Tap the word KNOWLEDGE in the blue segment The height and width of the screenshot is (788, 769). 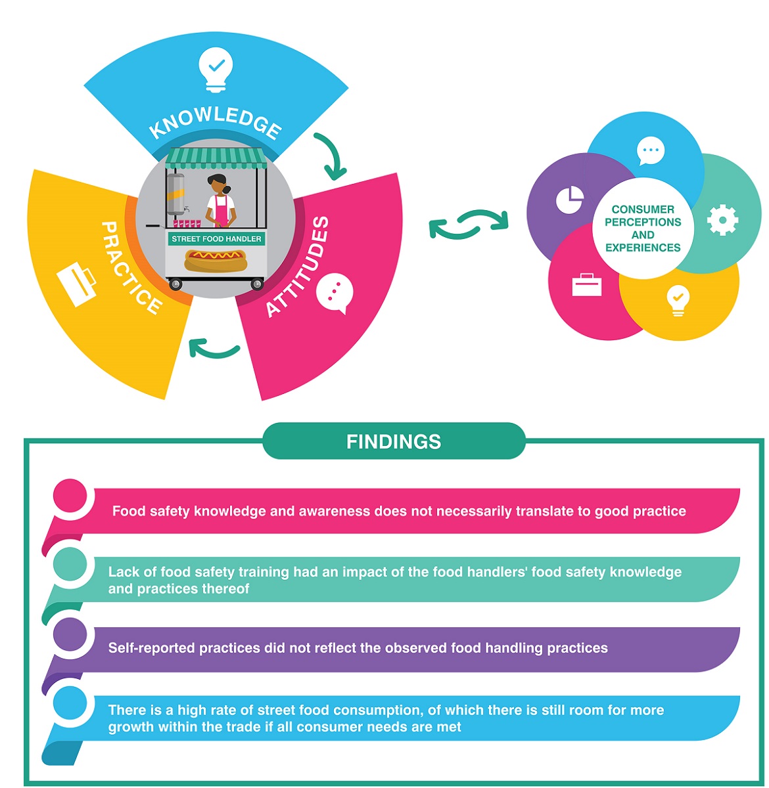216,122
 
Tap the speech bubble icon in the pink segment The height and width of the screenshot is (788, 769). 335,293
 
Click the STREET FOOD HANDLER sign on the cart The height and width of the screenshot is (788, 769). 216,239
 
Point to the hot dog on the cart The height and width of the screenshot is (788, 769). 216,260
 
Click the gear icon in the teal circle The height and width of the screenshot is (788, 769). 722,219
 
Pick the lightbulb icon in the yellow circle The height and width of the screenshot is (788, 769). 678,300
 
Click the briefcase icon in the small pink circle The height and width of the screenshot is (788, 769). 586,285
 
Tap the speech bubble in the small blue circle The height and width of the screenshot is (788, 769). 651,151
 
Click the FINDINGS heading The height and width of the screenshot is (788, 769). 394,441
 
